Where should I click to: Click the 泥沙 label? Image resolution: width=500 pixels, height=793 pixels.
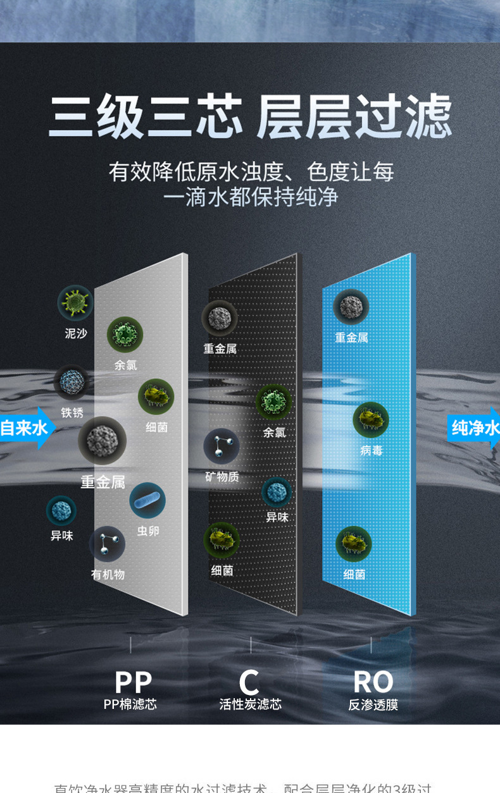point(76,333)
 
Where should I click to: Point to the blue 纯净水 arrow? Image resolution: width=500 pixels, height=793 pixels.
point(475,428)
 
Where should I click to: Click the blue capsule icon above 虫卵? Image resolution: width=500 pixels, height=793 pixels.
point(147,500)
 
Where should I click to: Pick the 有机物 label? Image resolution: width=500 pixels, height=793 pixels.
point(108,574)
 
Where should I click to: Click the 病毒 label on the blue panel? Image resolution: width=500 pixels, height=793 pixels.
point(372,450)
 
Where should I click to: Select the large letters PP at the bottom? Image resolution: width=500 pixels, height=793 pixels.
point(134,682)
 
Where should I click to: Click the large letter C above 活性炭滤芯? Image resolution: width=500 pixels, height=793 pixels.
point(249,682)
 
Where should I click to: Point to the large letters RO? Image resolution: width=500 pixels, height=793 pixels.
point(373,682)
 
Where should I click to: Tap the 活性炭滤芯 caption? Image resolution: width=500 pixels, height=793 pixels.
point(250,704)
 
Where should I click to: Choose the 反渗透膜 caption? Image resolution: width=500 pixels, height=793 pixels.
point(373,704)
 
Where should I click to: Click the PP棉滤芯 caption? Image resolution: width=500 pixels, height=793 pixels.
point(130,704)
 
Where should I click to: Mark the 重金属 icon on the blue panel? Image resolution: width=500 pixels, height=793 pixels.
point(351,307)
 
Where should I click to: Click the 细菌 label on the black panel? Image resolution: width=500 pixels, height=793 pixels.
point(222,570)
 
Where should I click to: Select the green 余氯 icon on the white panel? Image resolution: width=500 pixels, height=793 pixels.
point(125,335)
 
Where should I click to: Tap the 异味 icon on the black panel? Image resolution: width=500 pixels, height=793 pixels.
point(277,492)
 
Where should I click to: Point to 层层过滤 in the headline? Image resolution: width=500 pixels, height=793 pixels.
point(354,117)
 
